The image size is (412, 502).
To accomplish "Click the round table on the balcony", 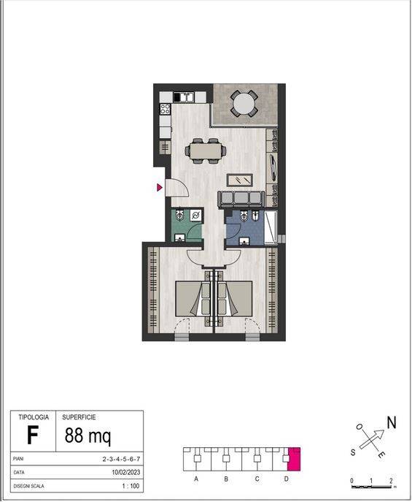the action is pyautogui.click(x=244, y=104).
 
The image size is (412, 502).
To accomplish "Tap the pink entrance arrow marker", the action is pyautogui.click(x=160, y=187).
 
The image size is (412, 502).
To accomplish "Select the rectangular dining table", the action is pyautogui.click(x=206, y=151).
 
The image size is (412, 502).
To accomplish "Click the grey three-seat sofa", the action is pyautogui.click(x=241, y=199).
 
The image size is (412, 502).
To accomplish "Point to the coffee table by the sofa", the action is pyautogui.click(x=239, y=180).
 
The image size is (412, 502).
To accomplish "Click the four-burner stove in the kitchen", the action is pyautogui.click(x=165, y=109).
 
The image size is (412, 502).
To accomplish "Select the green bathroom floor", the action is pyautogui.click(x=184, y=225).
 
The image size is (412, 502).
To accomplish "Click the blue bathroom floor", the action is pyautogui.click(x=245, y=228).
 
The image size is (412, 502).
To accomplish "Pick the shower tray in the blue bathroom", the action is pyautogui.click(x=271, y=228).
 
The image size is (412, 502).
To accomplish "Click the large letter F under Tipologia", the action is pyautogui.click(x=33, y=436).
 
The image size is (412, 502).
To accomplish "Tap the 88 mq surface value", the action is pyautogui.click(x=88, y=436).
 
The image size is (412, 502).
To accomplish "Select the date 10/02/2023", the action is pyautogui.click(x=126, y=472).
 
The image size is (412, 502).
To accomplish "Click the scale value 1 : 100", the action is pyautogui.click(x=131, y=486).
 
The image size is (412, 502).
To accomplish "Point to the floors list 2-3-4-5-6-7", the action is pyautogui.click(x=121, y=459).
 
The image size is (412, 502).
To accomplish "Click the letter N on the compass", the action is pyautogui.click(x=392, y=422).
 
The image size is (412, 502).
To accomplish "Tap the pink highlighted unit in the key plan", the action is pyautogui.click(x=294, y=459).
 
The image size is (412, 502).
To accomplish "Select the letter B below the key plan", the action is pyautogui.click(x=226, y=479).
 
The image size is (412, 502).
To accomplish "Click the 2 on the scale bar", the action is pyautogui.click(x=391, y=481).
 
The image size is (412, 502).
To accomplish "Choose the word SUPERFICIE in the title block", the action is pyautogui.click(x=79, y=417).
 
